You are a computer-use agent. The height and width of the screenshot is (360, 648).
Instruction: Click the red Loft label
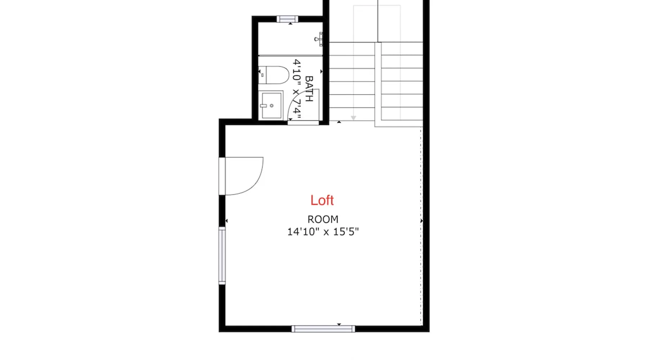tap(322, 200)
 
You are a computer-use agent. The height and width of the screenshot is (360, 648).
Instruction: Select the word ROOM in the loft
tap(323, 219)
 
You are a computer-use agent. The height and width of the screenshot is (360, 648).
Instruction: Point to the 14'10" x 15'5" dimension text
tap(323, 231)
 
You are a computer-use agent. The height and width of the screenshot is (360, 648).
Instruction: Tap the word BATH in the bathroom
tap(309, 89)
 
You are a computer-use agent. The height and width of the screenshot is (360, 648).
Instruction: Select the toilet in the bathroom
tap(274, 75)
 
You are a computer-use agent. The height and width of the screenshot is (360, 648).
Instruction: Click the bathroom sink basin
tap(271, 105)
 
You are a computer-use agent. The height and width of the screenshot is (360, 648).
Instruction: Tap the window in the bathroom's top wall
tap(287, 19)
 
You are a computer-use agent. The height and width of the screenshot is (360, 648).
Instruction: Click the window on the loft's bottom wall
tap(323, 329)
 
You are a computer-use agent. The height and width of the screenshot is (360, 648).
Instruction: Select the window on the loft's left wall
tap(222, 256)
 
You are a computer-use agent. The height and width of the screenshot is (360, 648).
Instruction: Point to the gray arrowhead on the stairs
tap(354, 118)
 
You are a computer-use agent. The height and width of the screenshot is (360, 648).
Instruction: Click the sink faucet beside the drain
tap(263, 106)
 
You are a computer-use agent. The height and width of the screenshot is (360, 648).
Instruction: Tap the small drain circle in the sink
tap(271, 105)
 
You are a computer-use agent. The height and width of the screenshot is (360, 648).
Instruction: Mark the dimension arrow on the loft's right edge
tap(422, 221)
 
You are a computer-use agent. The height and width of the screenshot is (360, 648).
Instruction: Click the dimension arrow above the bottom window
tap(339, 324)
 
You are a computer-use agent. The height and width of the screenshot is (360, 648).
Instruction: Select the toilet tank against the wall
tap(262, 75)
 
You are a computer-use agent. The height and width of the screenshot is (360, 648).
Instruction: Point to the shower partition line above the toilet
tap(291, 56)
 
